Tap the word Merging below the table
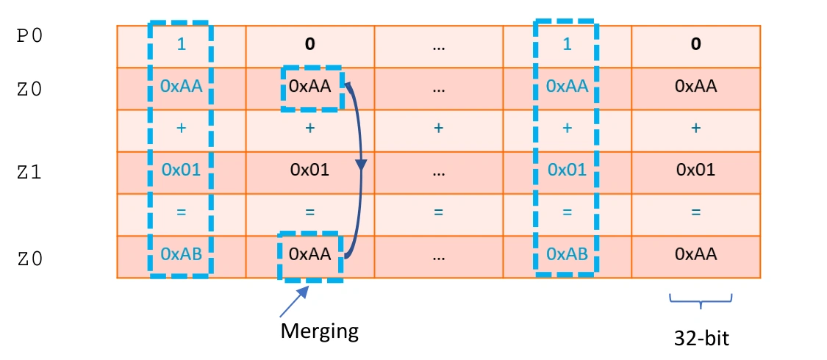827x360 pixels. click(x=319, y=331)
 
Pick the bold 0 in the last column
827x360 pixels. click(x=695, y=44)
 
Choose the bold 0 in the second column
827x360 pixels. click(x=309, y=44)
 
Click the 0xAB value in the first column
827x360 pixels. click(x=181, y=254)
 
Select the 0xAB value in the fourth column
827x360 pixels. click(x=566, y=254)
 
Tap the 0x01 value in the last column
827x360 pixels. click(x=695, y=170)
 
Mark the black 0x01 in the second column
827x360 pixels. click(x=309, y=170)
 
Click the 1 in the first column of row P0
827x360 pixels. click(x=181, y=44)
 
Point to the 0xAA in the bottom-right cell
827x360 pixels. click(x=695, y=254)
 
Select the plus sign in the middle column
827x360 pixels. click(x=438, y=129)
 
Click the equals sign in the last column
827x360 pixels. click(x=695, y=212)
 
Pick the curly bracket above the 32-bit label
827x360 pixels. click(x=701, y=300)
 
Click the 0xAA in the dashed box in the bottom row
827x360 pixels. click(x=309, y=254)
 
